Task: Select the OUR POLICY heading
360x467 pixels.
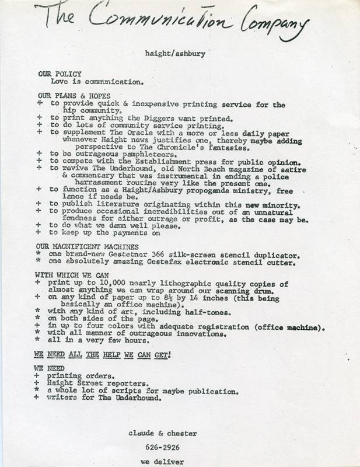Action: [56, 75]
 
